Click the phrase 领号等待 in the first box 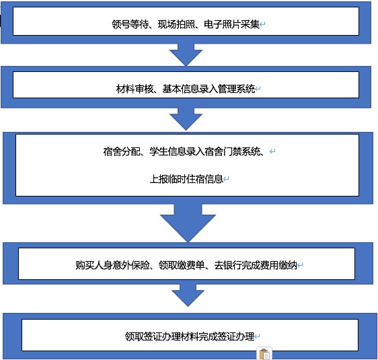[130, 24]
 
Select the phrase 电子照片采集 [231, 24]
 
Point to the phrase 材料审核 [135, 89]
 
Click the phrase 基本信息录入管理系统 [209, 89]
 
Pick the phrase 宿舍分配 [122, 151]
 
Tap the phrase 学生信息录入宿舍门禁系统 [205, 151]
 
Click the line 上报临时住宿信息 [186, 179]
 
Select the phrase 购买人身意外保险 [112, 265]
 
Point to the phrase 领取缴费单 [182, 265]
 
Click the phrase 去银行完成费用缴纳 [256, 265]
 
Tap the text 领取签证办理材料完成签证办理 [190, 336]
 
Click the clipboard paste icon [264, 354]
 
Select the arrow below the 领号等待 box [186, 55]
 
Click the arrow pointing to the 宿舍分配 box [186, 119]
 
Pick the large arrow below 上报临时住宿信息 [188, 223]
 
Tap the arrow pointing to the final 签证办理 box [188, 295]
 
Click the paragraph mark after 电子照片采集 [262, 24]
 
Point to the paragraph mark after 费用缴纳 [300, 265]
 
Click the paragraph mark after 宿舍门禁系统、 [272, 151]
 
